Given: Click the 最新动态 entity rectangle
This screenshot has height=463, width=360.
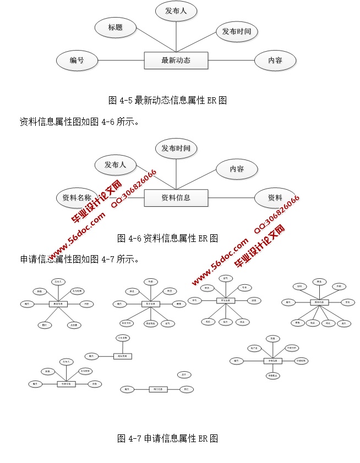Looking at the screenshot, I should (x=176, y=60).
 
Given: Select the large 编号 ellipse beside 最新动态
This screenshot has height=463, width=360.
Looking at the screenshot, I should (x=77, y=60).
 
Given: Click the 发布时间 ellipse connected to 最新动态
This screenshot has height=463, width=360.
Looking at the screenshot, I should (x=236, y=32).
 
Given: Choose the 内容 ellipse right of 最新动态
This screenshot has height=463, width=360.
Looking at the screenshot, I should (x=275, y=60).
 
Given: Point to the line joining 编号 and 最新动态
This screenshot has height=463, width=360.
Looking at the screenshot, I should (x=121, y=60).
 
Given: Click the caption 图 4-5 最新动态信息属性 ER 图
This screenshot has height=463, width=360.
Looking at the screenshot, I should (x=168, y=100).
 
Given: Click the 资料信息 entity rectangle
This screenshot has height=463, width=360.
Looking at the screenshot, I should (x=176, y=198).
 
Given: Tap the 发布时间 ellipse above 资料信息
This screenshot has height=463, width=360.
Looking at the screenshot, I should (x=176, y=148).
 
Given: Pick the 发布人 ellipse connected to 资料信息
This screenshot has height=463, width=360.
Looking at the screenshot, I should (x=115, y=164).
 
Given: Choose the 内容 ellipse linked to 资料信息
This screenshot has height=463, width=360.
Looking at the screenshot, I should (x=237, y=169).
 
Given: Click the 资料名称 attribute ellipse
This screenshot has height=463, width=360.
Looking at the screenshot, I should (x=77, y=198).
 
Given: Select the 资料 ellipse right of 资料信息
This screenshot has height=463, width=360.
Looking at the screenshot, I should (x=275, y=198).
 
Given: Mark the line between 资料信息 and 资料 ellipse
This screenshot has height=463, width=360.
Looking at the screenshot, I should (x=231, y=198).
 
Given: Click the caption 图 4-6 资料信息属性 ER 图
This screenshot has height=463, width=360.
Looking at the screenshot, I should (x=168, y=238).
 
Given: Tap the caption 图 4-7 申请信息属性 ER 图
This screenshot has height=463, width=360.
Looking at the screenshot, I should (x=168, y=438).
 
